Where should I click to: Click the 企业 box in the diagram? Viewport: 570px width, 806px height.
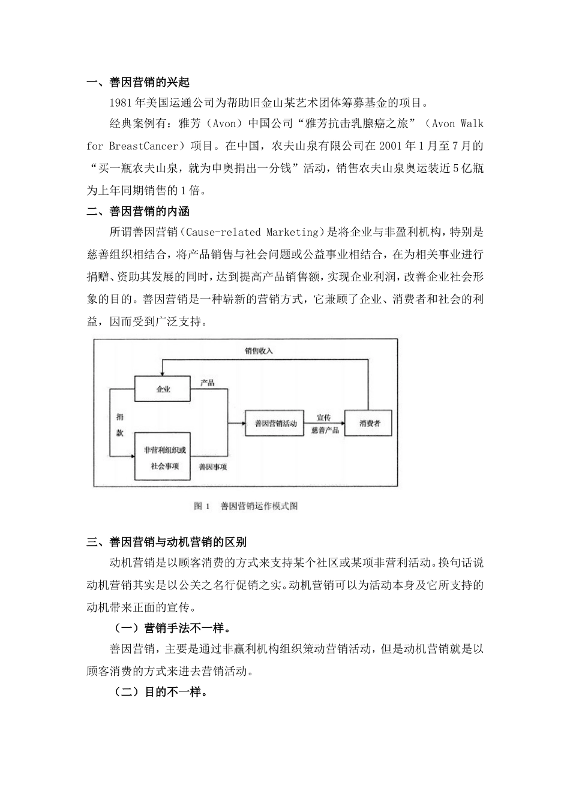pyautogui.click(x=163, y=389)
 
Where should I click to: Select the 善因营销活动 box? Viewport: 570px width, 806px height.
pyautogui.click(x=275, y=423)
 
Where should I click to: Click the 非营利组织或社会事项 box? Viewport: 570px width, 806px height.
pyautogui.click(x=162, y=456)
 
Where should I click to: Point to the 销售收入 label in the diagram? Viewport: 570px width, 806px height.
pyautogui.click(x=259, y=351)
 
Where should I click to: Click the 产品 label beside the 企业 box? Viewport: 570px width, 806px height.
pyautogui.click(x=208, y=383)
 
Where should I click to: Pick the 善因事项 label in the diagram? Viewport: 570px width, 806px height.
pyautogui.click(x=213, y=467)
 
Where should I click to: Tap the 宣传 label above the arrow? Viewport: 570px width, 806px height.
pyautogui.click(x=324, y=417)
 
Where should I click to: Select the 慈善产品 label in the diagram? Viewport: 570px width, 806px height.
pyautogui.click(x=325, y=431)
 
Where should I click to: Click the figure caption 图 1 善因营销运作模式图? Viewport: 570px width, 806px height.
pyautogui.click(x=246, y=506)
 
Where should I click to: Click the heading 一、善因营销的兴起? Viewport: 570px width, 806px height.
pyautogui.click(x=139, y=83)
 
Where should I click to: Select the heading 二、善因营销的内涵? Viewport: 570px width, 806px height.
pyautogui.click(x=139, y=211)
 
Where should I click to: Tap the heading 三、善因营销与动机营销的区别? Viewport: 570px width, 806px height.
pyautogui.click(x=166, y=543)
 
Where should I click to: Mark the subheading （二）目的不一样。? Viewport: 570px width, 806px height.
pyautogui.click(x=160, y=691)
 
